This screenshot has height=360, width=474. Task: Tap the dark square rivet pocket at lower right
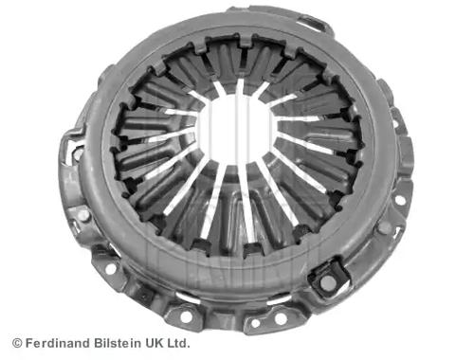tap(328, 281)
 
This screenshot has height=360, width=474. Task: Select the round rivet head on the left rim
tap(84, 215)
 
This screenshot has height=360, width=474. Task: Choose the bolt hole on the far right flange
tap(403, 201)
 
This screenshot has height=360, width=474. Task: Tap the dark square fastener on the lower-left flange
tap(145, 294)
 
